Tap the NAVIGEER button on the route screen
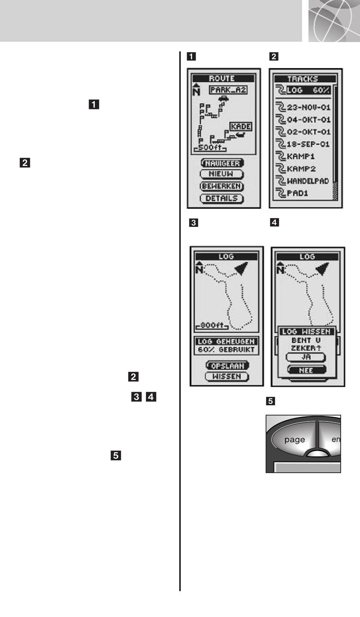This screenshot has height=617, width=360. pyautogui.click(x=222, y=163)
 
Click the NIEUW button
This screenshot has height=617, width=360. pyautogui.click(x=222, y=174)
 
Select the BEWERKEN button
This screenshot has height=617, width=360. pyautogui.click(x=222, y=186)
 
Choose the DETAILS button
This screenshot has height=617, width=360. pyautogui.click(x=222, y=198)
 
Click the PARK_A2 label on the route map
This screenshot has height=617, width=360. pyautogui.click(x=228, y=90)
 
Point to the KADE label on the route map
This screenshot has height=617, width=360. pyautogui.click(x=241, y=127)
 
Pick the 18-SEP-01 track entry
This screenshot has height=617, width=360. pyautogui.click(x=303, y=144)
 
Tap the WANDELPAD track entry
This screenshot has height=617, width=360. pyautogui.click(x=303, y=181)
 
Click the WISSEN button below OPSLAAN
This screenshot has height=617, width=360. pyautogui.click(x=227, y=376)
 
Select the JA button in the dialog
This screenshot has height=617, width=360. pyautogui.click(x=306, y=357)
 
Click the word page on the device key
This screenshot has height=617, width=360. pyautogui.click(x=294, y=440)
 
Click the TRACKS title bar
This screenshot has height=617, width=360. pyautogui.click(x=305, y=79)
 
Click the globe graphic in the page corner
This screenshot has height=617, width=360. pyautogui.click(x=334, y=21)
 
